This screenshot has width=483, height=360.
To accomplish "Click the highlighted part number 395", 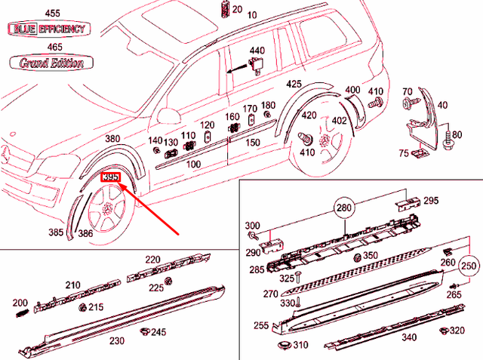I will pyautogui.click(x=110, y=177).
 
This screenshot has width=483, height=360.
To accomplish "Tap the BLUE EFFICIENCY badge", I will pyautogui.click(x=47, y=29).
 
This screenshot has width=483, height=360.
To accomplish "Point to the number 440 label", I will pyautogui.click(x=257, y=51).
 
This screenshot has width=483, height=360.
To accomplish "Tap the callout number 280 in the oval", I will pyautogui.click(x=343, y=208).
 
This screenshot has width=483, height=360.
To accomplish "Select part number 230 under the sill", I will pyautogui.click(x=116, y=340).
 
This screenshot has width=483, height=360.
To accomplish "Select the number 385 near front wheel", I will pyautogui.click(x=57, y=232).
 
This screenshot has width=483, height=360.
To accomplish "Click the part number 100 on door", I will pyautogui.click(x=192, y=164).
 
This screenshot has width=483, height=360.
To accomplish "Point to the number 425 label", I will pyautogui.click(x=294, y=84).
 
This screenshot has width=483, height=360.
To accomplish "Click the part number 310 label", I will pyautogui.click(x=300, y=346).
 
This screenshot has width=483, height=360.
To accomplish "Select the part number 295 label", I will pyautogui.click(x=430, y=201).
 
